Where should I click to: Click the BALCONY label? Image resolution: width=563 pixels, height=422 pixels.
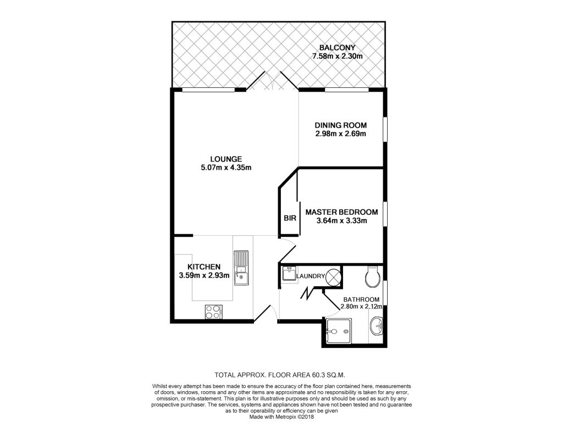pos(337,47)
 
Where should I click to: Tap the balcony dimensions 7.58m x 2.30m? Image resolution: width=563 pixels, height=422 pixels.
pos(337,56)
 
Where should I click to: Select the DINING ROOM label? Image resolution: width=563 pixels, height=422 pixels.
pos(341,125)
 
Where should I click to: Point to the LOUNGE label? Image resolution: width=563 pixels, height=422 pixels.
pos(226,159)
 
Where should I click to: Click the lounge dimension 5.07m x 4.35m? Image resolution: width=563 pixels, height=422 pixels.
pos(226,167)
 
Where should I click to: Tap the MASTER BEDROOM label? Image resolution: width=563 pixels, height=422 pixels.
pos(341,212)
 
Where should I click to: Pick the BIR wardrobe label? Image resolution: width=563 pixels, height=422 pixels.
pos(290,218)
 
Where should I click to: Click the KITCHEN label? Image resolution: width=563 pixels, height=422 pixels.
pos(204,267)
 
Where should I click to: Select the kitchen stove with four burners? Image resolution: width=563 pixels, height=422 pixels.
pos(213,312)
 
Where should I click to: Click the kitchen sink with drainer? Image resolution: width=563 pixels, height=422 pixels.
pos(241,268)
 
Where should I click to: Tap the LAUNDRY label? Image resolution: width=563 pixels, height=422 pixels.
pos(311,276)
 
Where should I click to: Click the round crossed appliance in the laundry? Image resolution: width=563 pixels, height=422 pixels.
pos(333,277)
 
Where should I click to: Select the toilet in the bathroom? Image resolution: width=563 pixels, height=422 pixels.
pos(372,277)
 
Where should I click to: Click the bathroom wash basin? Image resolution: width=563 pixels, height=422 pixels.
pos(377,326)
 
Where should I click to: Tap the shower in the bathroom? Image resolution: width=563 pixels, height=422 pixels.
pos(339,331)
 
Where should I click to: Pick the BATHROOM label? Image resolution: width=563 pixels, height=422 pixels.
pos(361,299)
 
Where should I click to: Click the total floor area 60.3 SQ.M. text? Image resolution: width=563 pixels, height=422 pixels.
pos(280,375)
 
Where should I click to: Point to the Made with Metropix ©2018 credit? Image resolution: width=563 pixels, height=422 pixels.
pos(281,418)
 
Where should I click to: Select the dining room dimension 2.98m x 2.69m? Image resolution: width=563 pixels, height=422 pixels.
pos(341,134)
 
